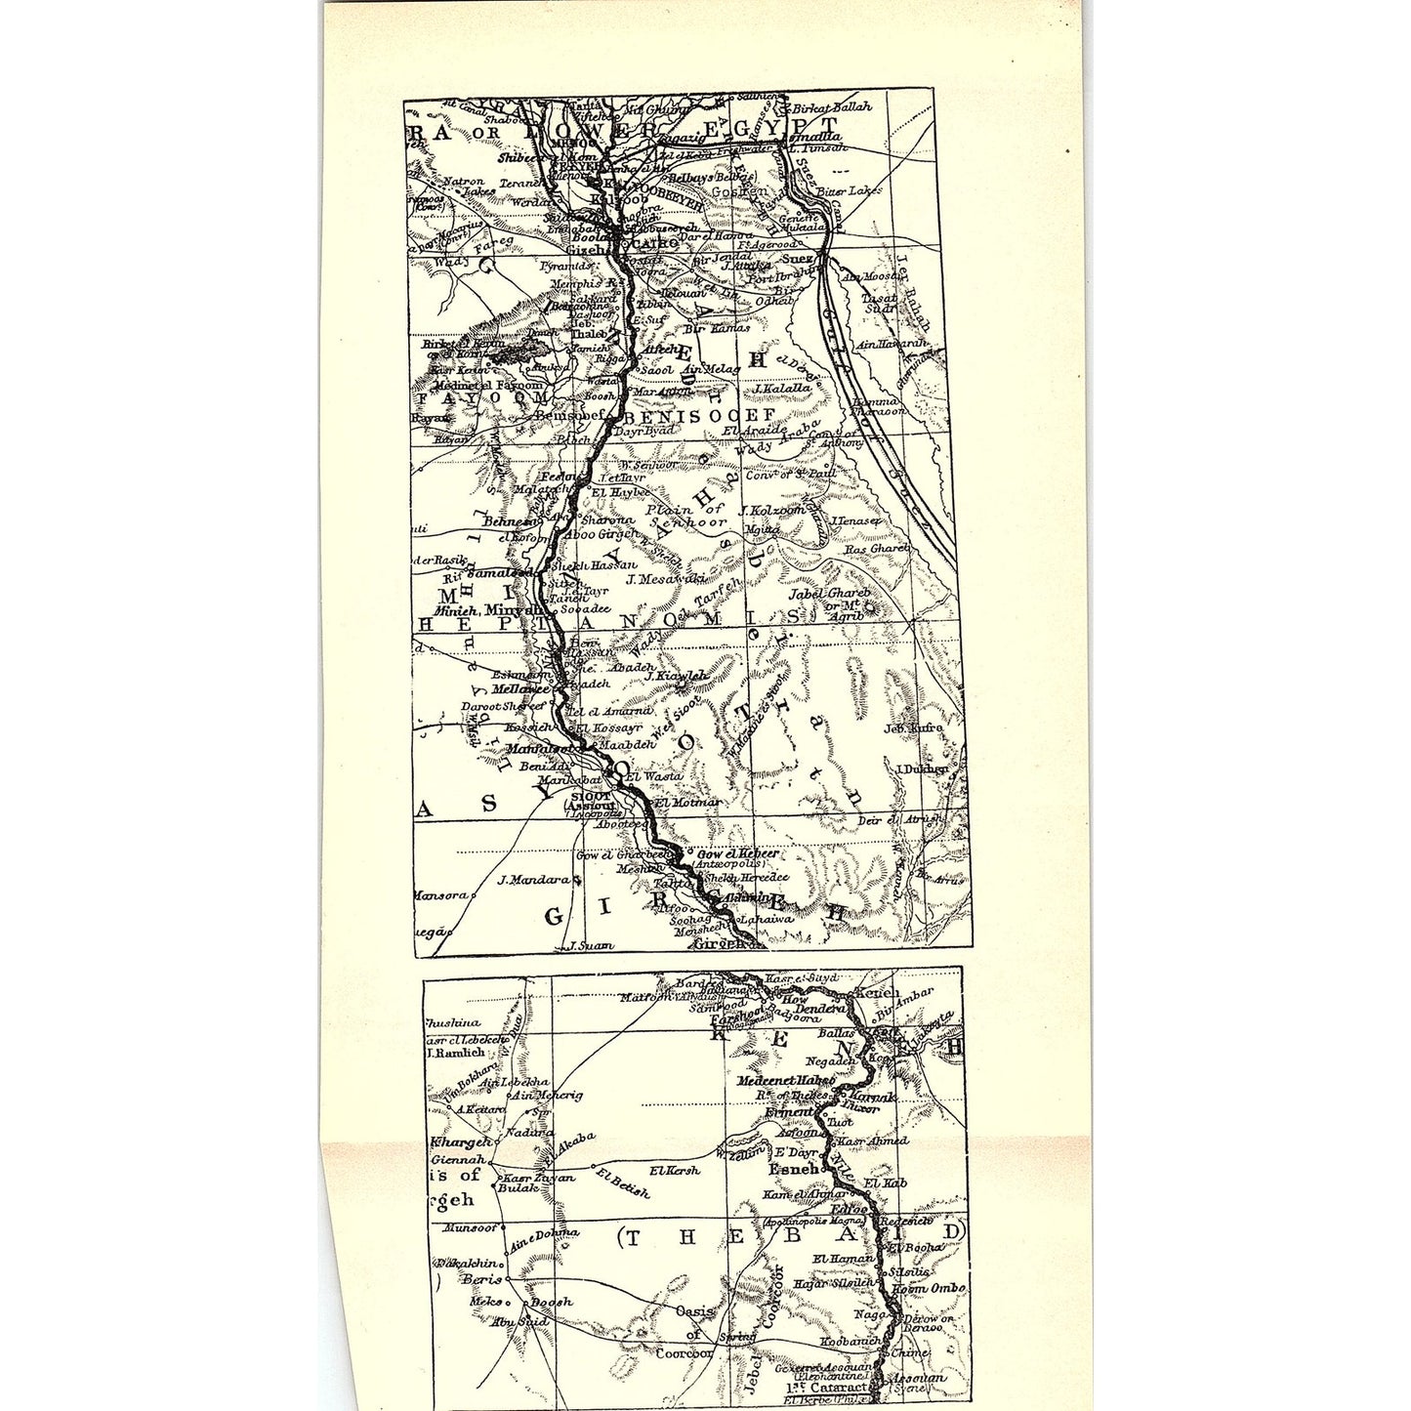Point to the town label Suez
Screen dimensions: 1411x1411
click(800, 259)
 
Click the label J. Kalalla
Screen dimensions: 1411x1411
click(781, 388)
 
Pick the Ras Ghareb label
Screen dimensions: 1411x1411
click(876, 549)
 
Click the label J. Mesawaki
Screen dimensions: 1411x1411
click(666, 578)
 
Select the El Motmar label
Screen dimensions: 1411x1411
click(689, 803)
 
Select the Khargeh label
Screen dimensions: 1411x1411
click(460, 1142)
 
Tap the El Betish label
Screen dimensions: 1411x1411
click(621, 1189)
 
